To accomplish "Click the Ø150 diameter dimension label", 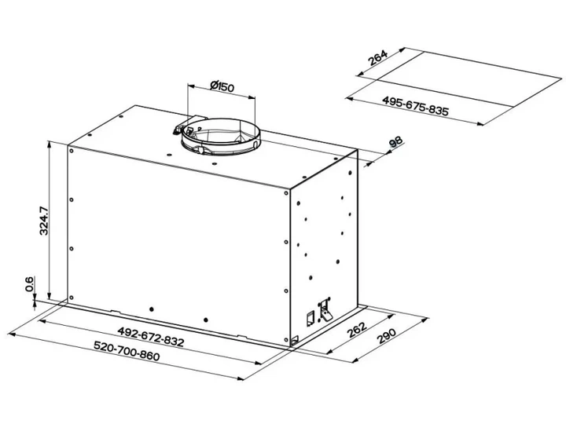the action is [x=222, y=86].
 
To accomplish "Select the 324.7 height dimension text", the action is [x=44, y=221].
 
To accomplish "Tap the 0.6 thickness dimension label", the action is [x=29, y=283].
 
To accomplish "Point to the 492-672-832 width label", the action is [x=151, y=336].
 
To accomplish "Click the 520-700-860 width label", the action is [x=127, y=350].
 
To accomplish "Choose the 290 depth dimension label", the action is [x=387, y=336].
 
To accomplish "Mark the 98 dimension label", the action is [x=396, y=142].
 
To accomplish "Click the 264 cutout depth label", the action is [x=377, y=57].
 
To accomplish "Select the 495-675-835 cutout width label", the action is [x=416, y=106].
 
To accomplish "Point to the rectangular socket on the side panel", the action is [x=310, y=320].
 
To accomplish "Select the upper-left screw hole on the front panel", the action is [x=71, y=150].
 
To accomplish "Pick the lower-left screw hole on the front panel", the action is [x=71, y=298].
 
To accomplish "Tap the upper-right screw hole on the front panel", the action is [x=286, y=193].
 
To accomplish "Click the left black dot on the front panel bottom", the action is [x=152, y=309].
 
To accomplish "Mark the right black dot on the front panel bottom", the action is [x=206, y=320].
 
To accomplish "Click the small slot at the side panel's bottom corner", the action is [x=295, y=339].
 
